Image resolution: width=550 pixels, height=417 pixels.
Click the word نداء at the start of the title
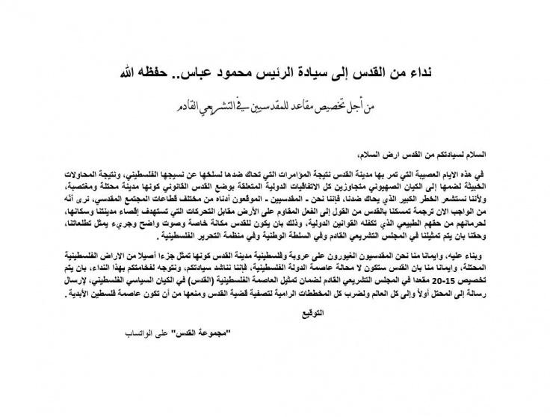430,75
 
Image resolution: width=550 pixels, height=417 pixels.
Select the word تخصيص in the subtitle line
342,110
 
